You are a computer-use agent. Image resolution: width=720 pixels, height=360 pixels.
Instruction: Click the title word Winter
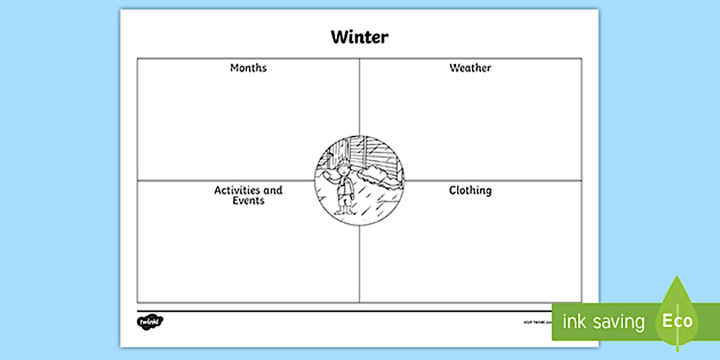(x=359, y=38)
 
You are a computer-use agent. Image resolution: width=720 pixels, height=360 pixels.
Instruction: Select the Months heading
(x=248, y=68)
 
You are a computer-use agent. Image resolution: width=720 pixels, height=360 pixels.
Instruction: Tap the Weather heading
(x=470, y=68)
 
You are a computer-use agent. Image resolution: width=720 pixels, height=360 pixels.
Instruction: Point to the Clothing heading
(x=470, y=190)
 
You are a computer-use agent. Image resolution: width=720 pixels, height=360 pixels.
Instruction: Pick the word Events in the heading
(x=248, y=201)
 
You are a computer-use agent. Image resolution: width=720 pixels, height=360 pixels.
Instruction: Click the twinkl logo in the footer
(x=150, y=322)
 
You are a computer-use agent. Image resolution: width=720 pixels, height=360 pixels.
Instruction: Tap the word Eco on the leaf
(x=677, y=321)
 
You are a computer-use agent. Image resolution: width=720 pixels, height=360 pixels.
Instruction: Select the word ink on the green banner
(x=574, y=321)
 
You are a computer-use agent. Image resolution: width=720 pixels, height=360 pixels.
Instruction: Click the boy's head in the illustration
(x=342, y=169)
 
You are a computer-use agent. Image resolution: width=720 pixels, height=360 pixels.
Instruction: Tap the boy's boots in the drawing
(x=343, y=210)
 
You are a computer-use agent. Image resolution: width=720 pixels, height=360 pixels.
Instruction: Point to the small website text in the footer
(x=537, y=322)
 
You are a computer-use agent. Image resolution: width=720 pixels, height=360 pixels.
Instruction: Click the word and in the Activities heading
(x=273, y=190)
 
